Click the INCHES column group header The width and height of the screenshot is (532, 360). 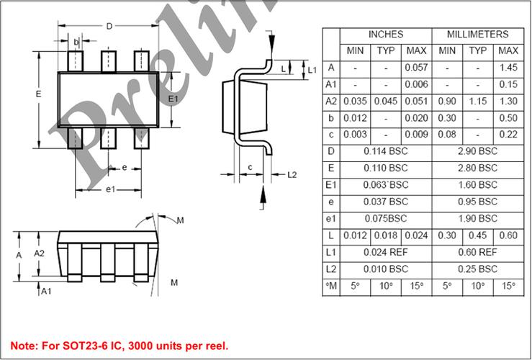[386, 35]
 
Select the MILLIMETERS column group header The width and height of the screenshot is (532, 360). [478, 35]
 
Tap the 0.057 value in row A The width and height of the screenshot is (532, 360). [416, 68]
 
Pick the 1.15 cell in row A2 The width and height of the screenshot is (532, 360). [478, 101]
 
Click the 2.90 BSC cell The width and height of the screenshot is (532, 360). [478, 151]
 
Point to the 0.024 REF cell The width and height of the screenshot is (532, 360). [386, 253]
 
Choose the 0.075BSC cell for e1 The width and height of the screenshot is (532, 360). [386, 218]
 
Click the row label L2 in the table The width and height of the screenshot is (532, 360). [331, 269]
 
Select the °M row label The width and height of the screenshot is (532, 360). [331, 286]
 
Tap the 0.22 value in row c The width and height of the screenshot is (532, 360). [508, 135]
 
